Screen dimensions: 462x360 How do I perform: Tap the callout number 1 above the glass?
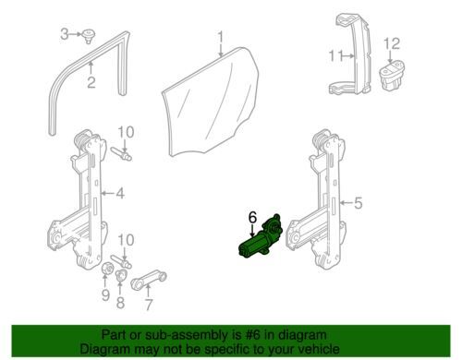point(221,38)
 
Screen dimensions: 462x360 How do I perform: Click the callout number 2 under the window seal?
point(91,82)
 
